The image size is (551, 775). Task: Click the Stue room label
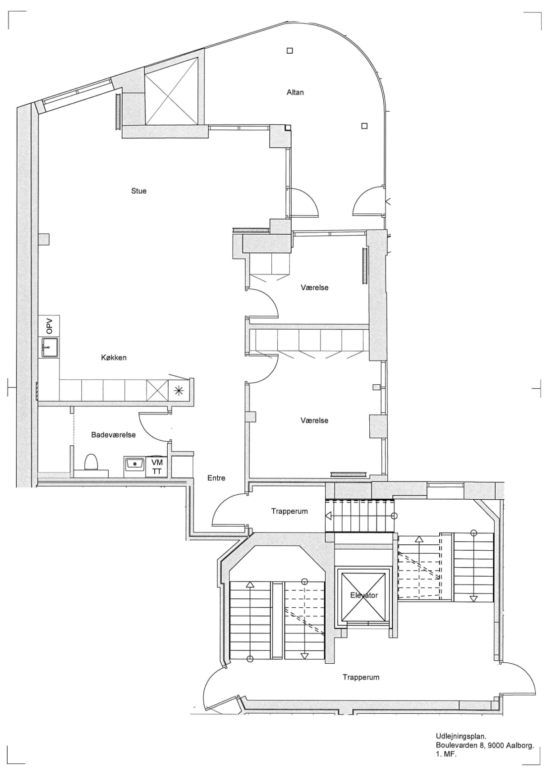click(x=139, y=191)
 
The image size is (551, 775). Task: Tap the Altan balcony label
click(x=295, y=92)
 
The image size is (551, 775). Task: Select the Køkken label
click(x=114, y=358)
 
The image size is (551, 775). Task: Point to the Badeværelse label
click(x=114, y=435)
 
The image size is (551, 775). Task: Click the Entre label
click(x=216, y=478)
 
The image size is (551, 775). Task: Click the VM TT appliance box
click(x=157, y=467)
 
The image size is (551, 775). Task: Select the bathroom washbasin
click(x=134, y=463)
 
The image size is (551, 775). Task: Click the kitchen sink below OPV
click(x=50, y=347)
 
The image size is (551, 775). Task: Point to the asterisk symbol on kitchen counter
click(x=179, y=390)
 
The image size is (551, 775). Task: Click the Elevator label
click(x=364, y=595)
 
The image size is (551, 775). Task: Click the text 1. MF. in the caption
click(x=446, y=754)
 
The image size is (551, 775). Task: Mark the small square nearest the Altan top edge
click(x=290, y=50)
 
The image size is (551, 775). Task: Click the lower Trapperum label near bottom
click(x=361, y=677)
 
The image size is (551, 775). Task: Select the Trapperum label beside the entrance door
click(x=289, y=511)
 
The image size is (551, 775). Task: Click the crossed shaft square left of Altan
click(x=171, y=91)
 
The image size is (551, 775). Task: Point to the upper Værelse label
click(x=315, y=287)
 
